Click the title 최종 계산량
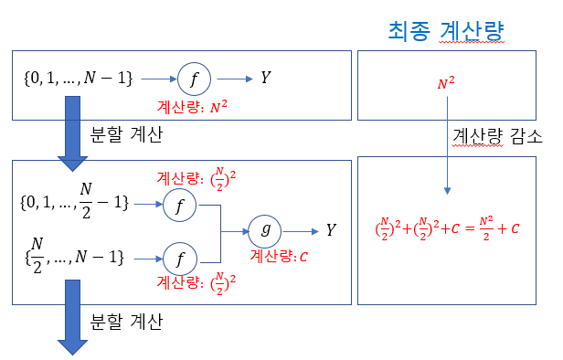coord(446,32)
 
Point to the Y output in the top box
coord(266,78)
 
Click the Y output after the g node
coord(331,229)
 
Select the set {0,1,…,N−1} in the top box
coord(79,78)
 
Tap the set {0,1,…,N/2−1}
coord(74,201)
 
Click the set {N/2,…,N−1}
coord(74,256)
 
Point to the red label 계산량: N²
coord(192,107)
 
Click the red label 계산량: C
coord(279,256)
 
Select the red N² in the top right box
coord(446,83)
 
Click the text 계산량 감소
coord(497,136)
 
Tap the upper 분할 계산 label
coord(126,134)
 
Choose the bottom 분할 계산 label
coord(126,322)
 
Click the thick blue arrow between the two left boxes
coord(72,133)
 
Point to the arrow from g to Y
coord(301,232)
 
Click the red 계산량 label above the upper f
coord(197,178)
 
